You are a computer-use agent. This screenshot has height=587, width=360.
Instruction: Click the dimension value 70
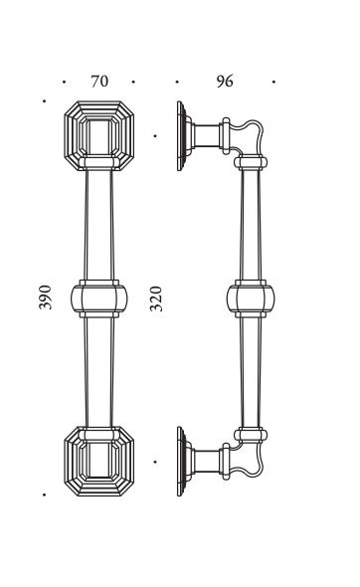tap(99, 82)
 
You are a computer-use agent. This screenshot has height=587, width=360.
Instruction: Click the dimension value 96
tap(225, 82)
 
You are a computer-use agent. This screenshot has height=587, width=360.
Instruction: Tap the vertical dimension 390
tap(45, 297)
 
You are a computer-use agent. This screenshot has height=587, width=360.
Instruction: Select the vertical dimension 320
tap(156, 298)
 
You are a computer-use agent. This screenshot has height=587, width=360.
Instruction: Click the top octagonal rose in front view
tap(99, 136)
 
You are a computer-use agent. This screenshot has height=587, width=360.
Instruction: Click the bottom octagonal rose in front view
tap(99, 462)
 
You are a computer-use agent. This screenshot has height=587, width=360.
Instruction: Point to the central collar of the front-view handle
tap(98, 298)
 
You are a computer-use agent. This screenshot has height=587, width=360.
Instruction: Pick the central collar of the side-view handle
tap(251, 298)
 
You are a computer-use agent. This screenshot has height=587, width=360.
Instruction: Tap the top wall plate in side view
tap(182, 136)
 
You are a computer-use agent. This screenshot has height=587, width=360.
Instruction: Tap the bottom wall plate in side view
tap(182, 462)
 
